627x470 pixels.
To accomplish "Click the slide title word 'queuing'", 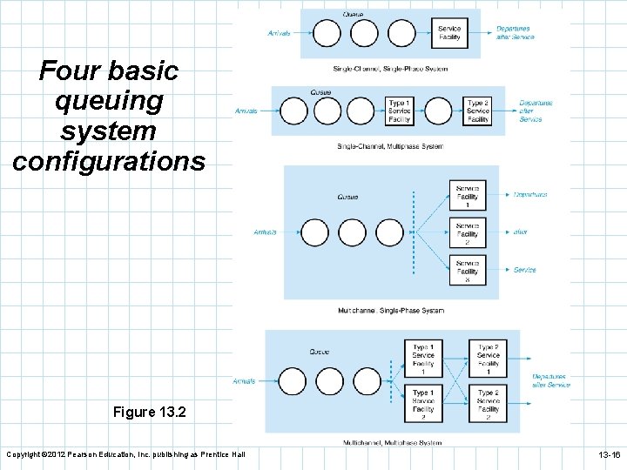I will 109,101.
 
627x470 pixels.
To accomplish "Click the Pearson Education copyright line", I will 126,455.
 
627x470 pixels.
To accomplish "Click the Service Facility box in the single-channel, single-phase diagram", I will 449,33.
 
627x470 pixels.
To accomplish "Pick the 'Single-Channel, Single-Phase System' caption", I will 390,69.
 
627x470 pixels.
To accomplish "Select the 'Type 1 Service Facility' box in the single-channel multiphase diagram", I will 399,111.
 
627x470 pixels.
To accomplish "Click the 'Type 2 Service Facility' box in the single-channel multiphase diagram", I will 478,111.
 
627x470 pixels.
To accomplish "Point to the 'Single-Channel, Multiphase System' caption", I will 389,146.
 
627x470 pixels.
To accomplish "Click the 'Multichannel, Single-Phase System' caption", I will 390,311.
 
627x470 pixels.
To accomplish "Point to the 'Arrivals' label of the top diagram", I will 279,34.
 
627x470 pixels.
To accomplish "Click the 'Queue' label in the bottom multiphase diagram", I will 320,352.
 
